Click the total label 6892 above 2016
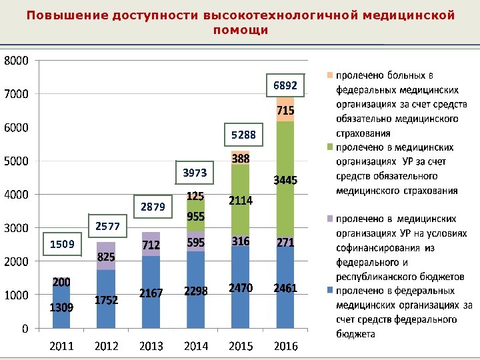click(x=288, y=86)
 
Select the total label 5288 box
click(x=243, y=135)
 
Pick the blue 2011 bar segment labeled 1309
click(x=61, y=307)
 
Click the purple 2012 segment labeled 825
click(x=106, y=257)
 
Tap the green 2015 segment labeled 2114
click(x=240, y=200)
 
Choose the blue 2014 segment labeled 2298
click(x=196, y=291)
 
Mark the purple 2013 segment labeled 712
click(x=151, y=245)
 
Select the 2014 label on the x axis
click(x=196, y=346)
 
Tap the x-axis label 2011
click(x=61, y=346)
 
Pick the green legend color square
click(x=330, y=147)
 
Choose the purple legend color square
click(x=330, y=219)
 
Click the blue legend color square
click(x=330, y=291)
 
